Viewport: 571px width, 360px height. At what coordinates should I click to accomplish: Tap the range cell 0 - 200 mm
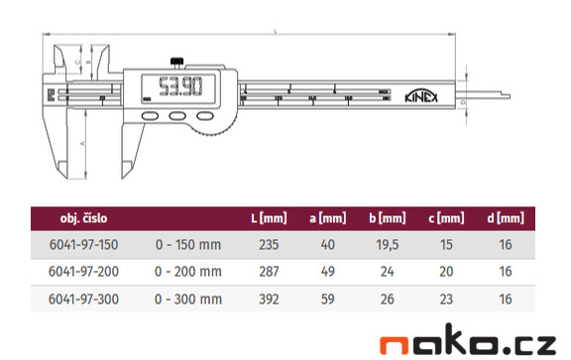188,271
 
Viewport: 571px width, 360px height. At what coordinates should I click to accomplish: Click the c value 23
449,297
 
